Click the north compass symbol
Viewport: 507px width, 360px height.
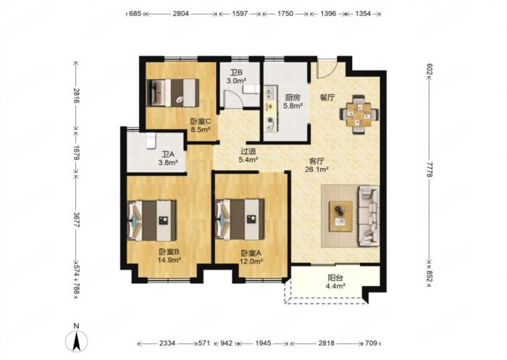pyautogui.click(x=77, y=340)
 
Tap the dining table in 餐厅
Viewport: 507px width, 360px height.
pyautogui.click(x=359, y=114)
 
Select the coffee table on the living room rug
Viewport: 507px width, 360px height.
pyautogui.click(x=340, y=216)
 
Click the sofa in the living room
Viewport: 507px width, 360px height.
pyautogui.click(x=368, y=216)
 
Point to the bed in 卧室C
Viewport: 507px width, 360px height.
pyautogui.click(x=172, y=93)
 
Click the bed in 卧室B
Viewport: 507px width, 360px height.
pyautogui.click(x=152, y=221)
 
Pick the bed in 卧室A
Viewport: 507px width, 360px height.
pyautogui.click(x=240, y=219)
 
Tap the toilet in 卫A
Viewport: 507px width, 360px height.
pyautogui.click(x=151, y=141)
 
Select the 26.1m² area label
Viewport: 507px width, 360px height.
pyautogui.click(x=317, y=169)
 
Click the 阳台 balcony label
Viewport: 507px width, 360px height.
pyautogui.click(x=335, y=278)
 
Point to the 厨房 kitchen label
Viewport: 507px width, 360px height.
pyautogui.click(x=293, y=97)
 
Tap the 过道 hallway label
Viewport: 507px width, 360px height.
pyautogui.click(x=248, y=151)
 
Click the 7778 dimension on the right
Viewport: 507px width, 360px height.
pyautogui.click(x=429, y=169)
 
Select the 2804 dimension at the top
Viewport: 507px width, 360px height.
pyautogui.click(x=181, y=14)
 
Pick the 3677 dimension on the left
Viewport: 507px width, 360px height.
pyautogui.click(x=76, y=219)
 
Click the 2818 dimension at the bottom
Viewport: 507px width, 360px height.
pyautogui.click(x=326, y=343)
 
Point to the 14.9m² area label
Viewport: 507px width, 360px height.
pyautogui.click(x=169, y=259)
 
